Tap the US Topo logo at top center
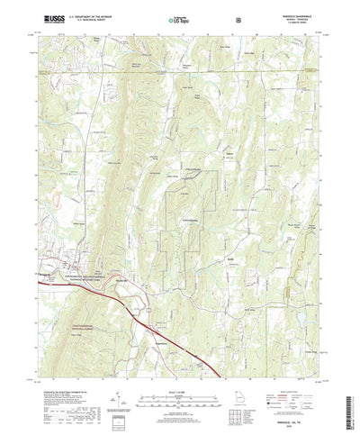174,19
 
